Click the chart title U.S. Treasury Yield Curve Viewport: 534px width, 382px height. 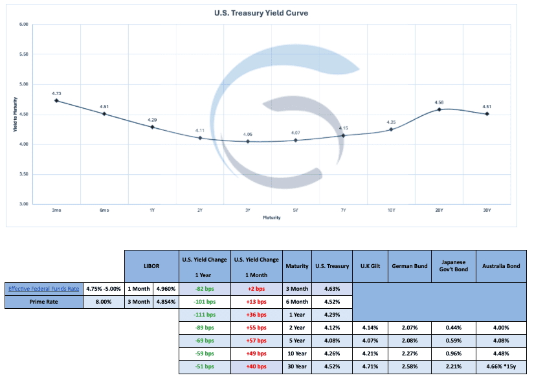(x=267, y=12)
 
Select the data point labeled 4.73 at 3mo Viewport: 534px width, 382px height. (x=57, y=100)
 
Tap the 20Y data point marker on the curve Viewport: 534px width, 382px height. (x=439, y=109)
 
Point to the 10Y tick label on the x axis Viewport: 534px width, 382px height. (x=391, y=210)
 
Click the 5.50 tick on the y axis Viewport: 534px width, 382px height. (x=24, y=54)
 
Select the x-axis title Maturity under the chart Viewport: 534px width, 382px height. (x=272, y=218)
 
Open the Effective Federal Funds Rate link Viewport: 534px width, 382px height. (x=43, y=288)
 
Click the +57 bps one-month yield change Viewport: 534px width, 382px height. (x=257, y=340)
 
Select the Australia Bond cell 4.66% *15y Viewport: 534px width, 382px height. (x=500, y=366)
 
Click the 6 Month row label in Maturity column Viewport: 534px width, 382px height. (x=297, y=301)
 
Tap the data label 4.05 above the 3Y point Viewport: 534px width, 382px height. (x=248, y=134)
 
